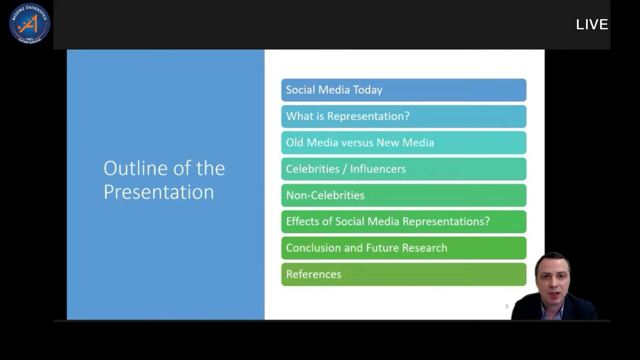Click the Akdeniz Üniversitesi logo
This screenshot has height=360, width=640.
(x=30, y=23)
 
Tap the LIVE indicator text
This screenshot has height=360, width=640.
(x=592, y=25)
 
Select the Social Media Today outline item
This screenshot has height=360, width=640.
(x=404, y=90)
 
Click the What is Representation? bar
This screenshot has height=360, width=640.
(x=404, y=116)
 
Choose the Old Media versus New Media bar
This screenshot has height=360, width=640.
(x=404, y=143)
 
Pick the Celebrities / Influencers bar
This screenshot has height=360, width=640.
(x=404, y=169)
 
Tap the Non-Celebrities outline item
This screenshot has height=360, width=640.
(x=404, y=195)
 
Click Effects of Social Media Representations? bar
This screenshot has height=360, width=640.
(x=404, y=222)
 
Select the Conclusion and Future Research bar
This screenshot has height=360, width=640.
(x=404, y=248)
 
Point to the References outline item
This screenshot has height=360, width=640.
(x=404, y=274)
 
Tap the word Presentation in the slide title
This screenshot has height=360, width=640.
(x=159, y=192)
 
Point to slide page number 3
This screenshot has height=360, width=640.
(x=507, y=306)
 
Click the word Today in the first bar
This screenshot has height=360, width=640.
(x=367, y=90)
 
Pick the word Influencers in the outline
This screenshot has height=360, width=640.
(x=378, y=169)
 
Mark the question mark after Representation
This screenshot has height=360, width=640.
(x=407, y=116)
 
